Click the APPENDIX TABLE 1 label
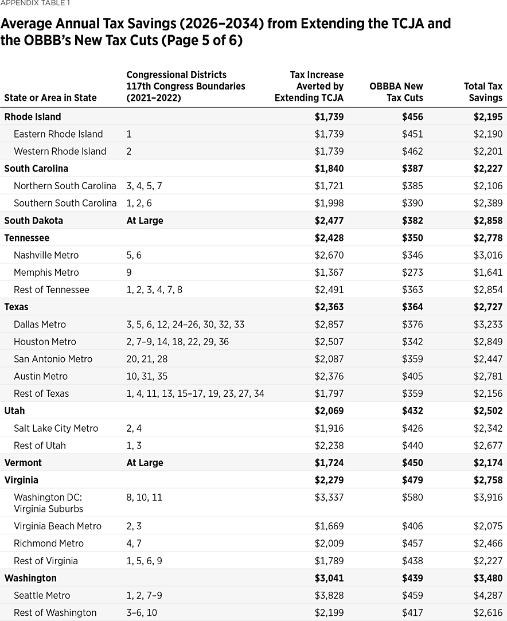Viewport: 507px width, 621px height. tap(36, 3)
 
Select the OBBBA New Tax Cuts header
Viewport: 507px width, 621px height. tap(396, 92)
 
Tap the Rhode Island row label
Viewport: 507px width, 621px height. tap(32, 116)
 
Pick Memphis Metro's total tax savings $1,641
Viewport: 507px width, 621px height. tap(487, 272)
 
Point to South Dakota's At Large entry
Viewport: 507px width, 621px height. tap(145, 220)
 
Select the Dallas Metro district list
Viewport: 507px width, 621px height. tap(185, 325)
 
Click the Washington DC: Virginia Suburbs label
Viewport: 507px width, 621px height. tap(49, 503)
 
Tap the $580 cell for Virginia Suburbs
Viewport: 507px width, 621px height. tap(412, 497)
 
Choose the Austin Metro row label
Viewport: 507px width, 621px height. tap(41, 376)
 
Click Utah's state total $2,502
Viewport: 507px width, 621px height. tap(487, 411)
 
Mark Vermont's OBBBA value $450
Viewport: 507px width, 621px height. tap(412, 463)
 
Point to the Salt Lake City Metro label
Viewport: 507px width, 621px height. tap(56, 428)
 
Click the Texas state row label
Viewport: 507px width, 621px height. tap(16, 307)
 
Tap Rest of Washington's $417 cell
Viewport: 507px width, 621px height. tap(412, 612)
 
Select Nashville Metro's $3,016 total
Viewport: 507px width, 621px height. tap(487, 255)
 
